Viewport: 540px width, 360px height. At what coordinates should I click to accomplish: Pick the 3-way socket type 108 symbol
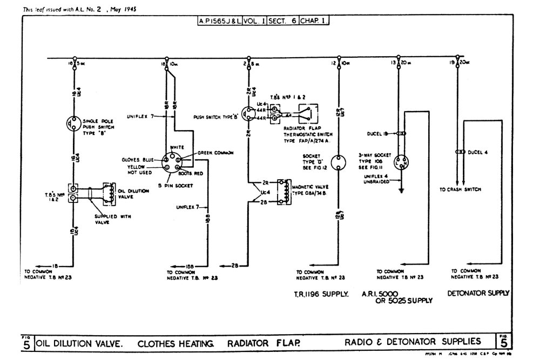401,161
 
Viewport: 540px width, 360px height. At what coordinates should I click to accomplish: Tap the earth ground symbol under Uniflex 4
401,189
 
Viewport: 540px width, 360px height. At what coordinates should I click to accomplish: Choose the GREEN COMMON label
215,153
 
